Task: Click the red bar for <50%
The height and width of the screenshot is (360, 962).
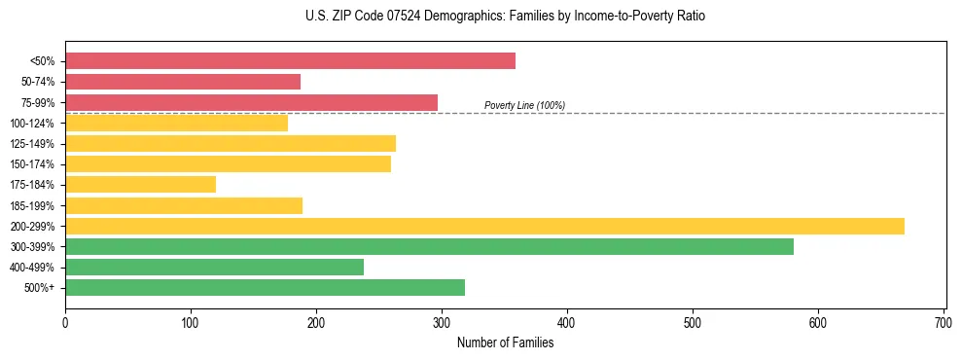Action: point(290,61)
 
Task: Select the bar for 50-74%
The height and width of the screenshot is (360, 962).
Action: point(183,82)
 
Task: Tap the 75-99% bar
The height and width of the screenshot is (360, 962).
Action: point(251,102)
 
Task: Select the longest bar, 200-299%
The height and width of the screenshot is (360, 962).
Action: point(484,226)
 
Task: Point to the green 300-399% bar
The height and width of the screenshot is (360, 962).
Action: point(429,246)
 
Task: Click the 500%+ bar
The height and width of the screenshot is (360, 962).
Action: point(265,287)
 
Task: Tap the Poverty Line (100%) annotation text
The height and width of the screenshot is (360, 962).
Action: point(524,105)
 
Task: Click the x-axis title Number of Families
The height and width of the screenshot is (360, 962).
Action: point(505,342)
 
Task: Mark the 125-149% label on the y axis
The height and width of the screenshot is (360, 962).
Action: point(32,144)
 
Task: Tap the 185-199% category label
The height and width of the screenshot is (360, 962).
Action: point(32,205)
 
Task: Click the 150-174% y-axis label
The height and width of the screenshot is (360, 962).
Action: point(32,164)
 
